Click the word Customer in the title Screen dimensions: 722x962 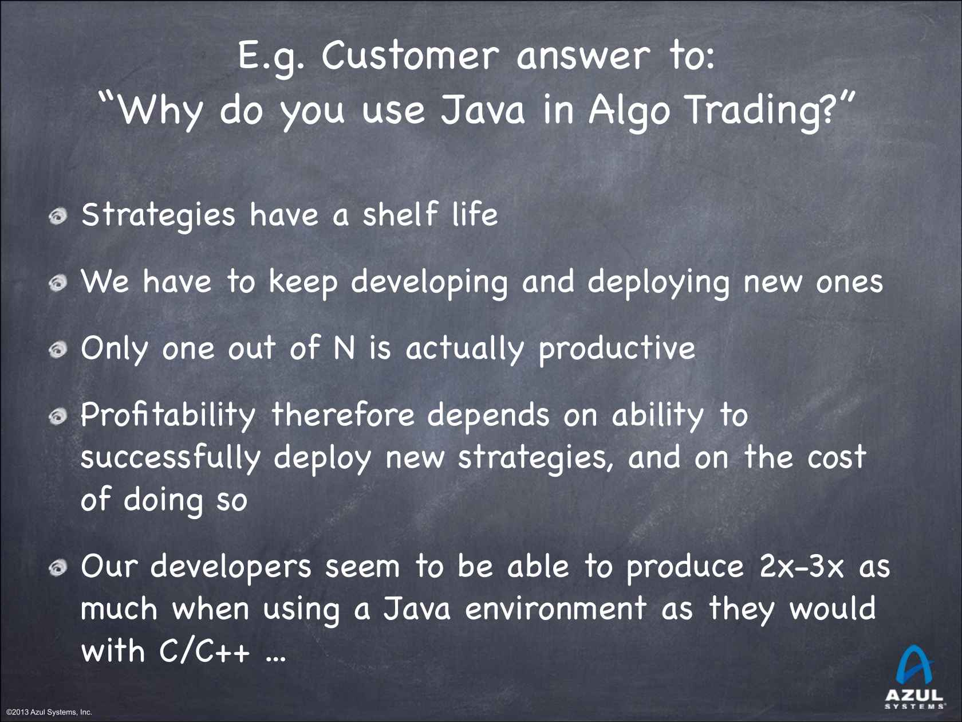[x=409, y=56]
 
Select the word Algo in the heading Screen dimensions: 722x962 [x=629, y=110]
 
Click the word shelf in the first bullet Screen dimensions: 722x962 [x=400, y=214]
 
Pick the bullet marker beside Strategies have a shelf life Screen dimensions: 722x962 [x=58, y=217]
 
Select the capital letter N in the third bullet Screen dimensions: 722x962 [x=344, y=348]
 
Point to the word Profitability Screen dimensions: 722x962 [x=168, y=415]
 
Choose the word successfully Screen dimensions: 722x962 [x=171, y=458]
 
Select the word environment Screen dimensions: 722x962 [x=555, y=609]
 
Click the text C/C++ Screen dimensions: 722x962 [x=204, y=651]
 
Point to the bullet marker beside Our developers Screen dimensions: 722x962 [x=58, y=568]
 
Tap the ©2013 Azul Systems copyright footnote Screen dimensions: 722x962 [x=49, y=712]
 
